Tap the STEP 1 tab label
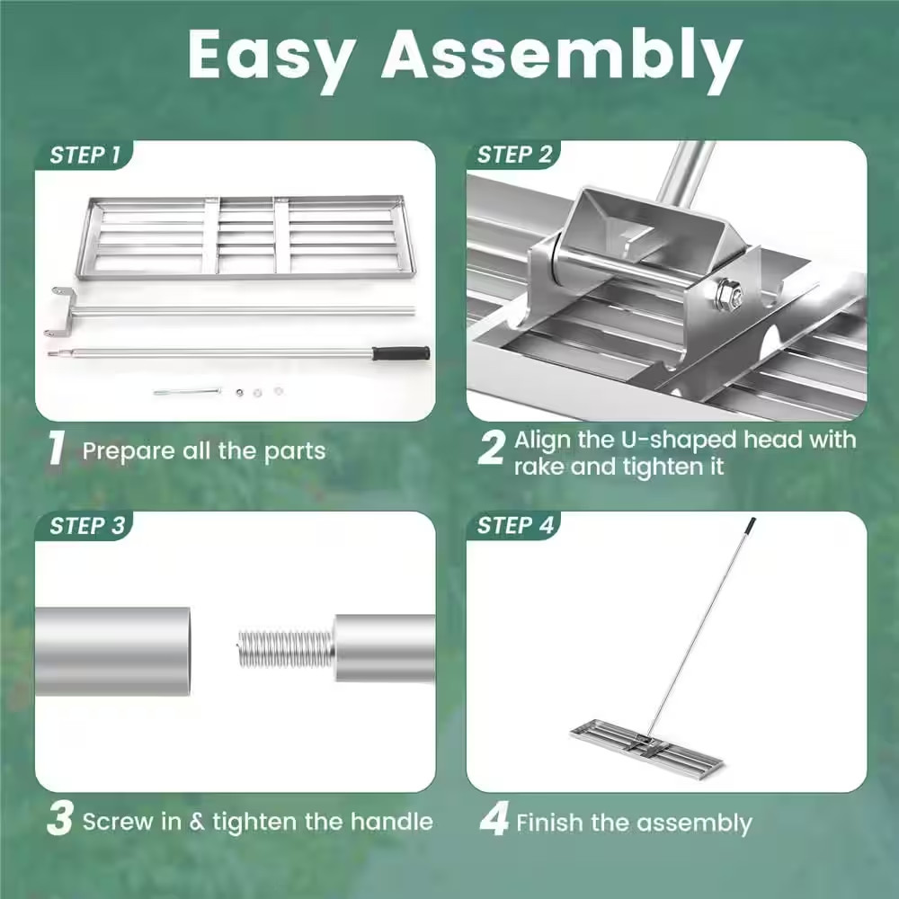(x=85, y=155)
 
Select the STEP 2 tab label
(x=514, y=155)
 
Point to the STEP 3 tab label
(x=86, y=526)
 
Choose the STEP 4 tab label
(x=515, y=526)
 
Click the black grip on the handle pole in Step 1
(x=401, y=353)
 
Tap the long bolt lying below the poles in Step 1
(x=187, y=391)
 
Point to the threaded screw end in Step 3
(x=286, y=648)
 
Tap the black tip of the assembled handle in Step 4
(x=751, y=522)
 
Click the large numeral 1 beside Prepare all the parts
(x=57, y=449)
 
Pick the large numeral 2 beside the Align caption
(x=491, y=449)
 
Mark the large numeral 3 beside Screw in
(x=59, y=821)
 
